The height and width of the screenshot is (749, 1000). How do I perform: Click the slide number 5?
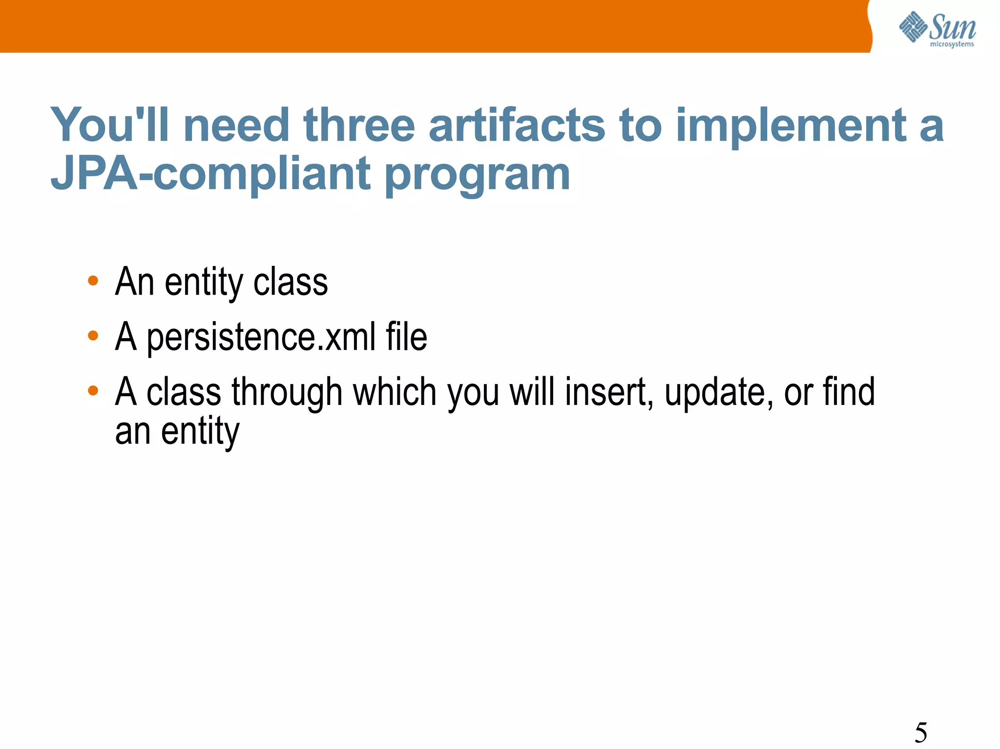point(920,732)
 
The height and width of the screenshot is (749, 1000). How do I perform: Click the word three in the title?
point(359,125)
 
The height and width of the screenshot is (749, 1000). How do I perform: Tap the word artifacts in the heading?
point(517,125)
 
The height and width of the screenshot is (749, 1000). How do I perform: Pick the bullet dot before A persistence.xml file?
point(93,336)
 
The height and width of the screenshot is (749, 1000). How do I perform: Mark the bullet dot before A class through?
point(93,390)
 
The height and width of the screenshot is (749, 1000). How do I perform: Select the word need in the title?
point(237,125)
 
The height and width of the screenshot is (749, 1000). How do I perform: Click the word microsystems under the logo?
point(952,44)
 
